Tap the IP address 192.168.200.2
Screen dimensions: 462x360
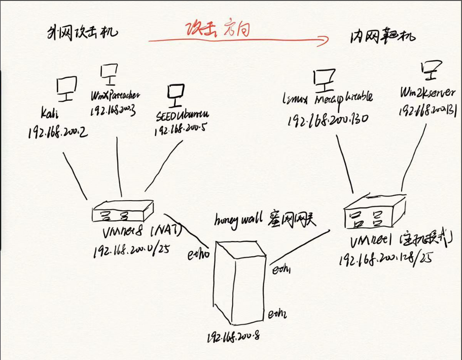click(58, 132)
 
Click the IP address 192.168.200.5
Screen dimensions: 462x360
click(181, 130)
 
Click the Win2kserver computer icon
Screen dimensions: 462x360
click(428, 70)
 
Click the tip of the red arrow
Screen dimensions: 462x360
click(328, 41)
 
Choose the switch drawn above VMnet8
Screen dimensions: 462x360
click(123, 212)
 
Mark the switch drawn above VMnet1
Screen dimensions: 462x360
click(373, 210)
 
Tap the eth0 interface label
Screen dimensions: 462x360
click(199, 255)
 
